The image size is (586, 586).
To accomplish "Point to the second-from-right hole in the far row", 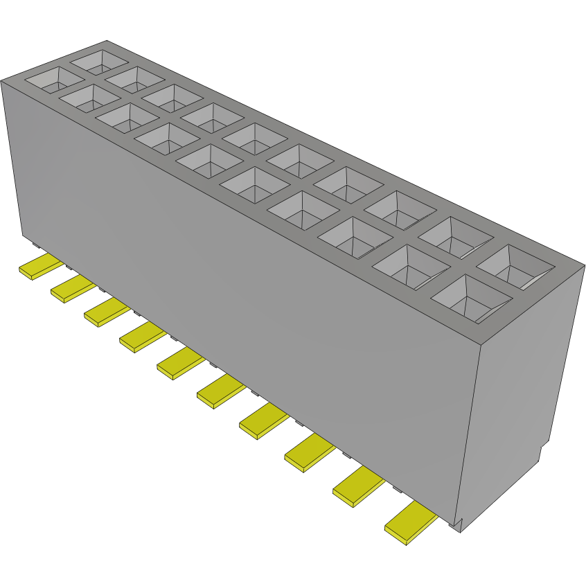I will click(454, 238).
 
